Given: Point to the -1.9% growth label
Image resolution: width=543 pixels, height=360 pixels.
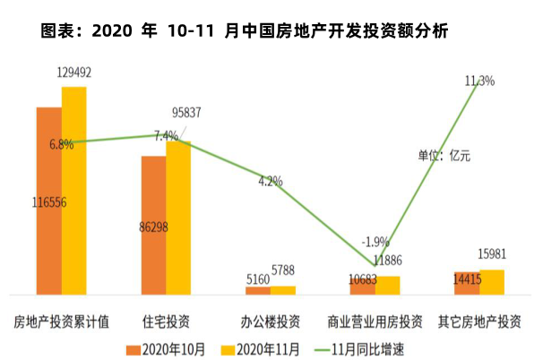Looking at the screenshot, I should point(375,242).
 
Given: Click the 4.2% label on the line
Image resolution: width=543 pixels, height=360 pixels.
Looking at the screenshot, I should point(270,181).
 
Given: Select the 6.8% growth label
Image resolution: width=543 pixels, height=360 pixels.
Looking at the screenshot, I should point(62,144).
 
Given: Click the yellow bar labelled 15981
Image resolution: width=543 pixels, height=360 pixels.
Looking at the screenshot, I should point(492,281).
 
